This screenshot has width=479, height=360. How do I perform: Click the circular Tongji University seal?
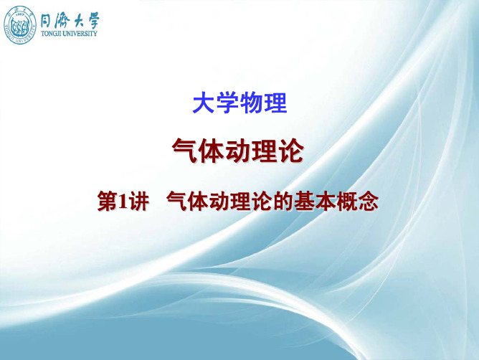click(x=20, y=26)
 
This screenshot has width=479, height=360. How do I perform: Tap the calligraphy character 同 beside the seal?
click(x=47, y=22)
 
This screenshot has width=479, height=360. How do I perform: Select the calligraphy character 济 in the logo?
click(x=62, y=22)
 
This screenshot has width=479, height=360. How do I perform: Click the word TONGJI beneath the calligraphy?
click(x=51, y=33)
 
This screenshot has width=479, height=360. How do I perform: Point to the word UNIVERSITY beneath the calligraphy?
click(x=80, y=33)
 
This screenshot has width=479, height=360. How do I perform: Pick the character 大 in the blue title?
click(x=204, y=103)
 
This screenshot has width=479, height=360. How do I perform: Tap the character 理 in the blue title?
click(x=275, y=103)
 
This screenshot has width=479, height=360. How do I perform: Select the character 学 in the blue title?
click(x=227, y=103)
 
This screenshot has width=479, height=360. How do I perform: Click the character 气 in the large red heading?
click(x=185, y=151)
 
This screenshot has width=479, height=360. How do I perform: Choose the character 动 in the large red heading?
click(x=238, y=151)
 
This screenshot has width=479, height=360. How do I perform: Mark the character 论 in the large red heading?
click(x=291, y=151)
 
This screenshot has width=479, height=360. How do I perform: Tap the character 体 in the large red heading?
click(x=212, y=151)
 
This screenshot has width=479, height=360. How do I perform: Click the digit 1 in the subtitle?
click(x=123, y=202)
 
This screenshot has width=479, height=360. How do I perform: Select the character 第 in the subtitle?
click(x=108, y=201)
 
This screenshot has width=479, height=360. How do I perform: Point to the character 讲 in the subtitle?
click(x=139, y=201)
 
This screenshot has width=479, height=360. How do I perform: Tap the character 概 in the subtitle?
click(x=347, y=201)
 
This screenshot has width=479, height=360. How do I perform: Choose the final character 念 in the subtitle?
click(x=369, y=201)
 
